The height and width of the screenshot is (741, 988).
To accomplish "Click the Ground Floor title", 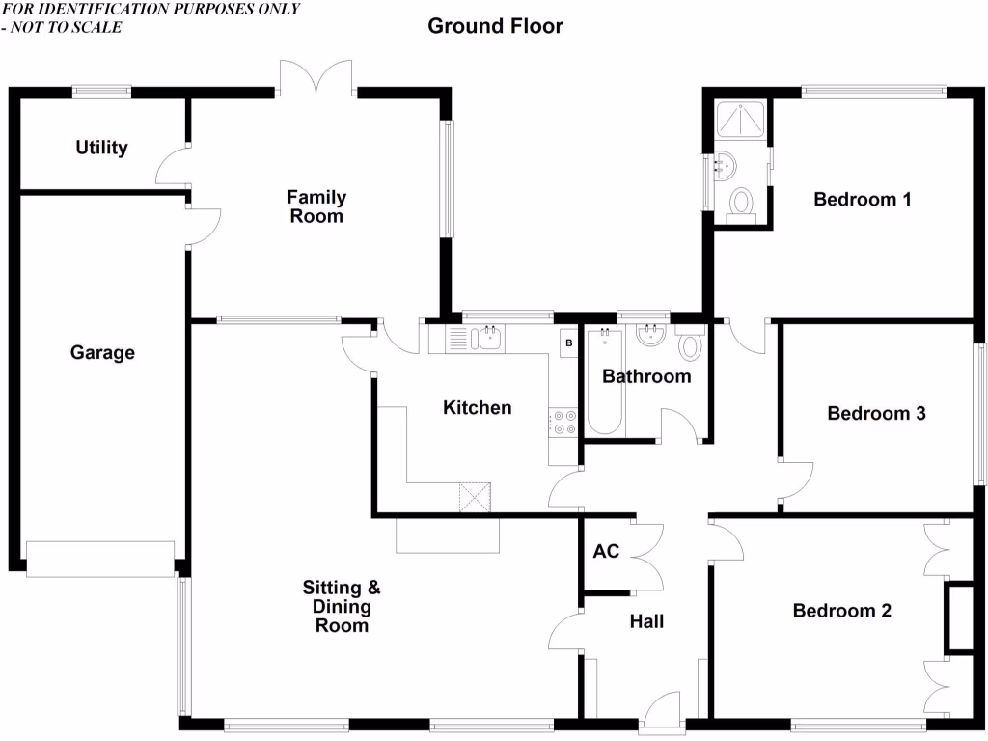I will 495,26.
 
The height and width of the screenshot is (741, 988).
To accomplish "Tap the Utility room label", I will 101,148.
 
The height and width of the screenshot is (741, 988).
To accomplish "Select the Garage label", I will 102,353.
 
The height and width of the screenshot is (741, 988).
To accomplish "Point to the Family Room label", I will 316,206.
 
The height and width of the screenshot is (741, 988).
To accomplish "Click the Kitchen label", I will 477,408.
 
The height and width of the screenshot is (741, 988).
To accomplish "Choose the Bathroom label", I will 646,376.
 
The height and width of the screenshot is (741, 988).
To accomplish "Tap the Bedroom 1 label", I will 863,200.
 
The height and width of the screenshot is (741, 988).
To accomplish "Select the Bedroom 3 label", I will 876,414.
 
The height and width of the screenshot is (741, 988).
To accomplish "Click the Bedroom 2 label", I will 841,611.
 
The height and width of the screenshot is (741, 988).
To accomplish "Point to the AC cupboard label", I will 606,552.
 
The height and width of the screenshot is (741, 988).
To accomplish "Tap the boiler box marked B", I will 568,343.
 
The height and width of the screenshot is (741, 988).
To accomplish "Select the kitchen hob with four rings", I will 563,422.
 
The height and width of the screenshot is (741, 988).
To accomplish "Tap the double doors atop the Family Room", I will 317,77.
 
